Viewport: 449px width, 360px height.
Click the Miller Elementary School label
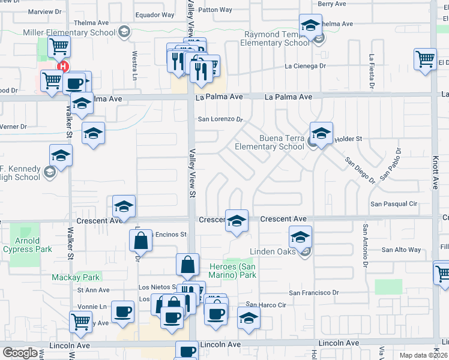pos(69,32)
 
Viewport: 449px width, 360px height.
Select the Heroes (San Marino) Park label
pos(233,271)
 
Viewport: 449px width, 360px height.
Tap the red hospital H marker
pos(62,68)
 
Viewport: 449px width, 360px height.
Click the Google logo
pos(20,353)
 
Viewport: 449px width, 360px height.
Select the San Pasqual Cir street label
pos(393,204)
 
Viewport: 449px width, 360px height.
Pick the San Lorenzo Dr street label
pos(220,119)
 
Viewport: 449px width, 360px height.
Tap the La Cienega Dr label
pos(306,66)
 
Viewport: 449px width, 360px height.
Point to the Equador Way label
pos(155,15)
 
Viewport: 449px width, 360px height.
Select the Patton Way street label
pos(215,10)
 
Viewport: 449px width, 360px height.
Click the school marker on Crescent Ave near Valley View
pos(237,221)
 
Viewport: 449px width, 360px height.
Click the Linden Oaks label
pos(273,252)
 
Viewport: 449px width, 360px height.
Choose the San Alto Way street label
pos(402,250)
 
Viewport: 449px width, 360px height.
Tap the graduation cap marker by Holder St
pos(321,134)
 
